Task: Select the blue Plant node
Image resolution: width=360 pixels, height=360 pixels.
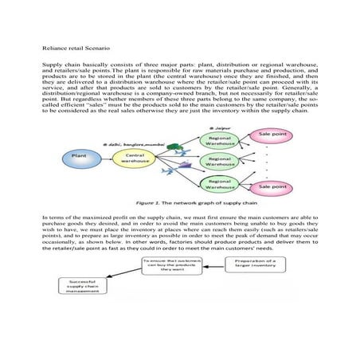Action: pyautogui.click(x=80, y=155)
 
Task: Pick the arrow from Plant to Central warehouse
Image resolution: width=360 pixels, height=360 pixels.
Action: pyautogui.click(x=106, y=156)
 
